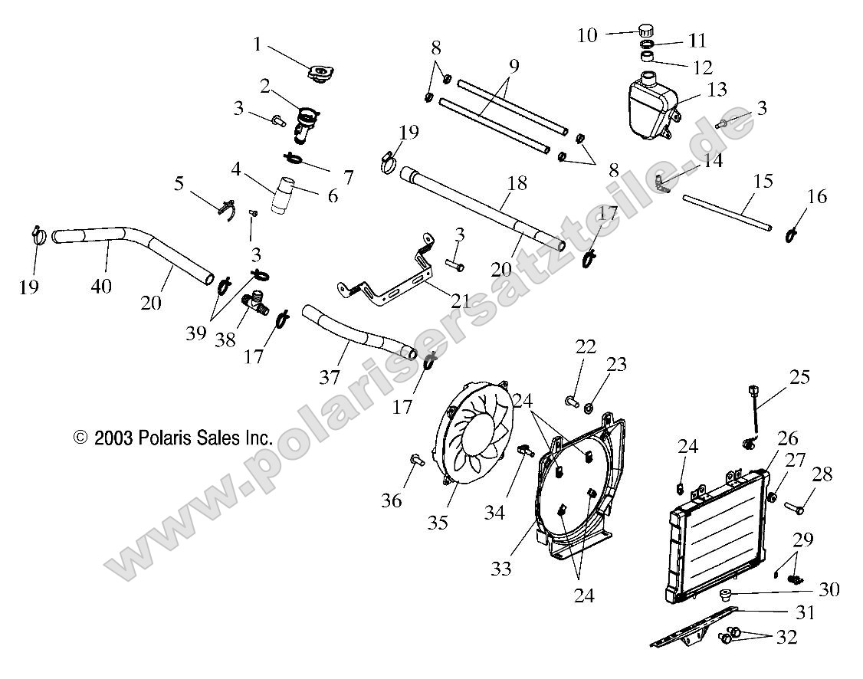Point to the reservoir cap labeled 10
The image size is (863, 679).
646,30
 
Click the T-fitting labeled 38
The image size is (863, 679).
255,303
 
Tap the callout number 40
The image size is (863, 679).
101,286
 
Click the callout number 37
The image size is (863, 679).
330,377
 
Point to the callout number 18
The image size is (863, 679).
517,182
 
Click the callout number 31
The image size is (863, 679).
806,612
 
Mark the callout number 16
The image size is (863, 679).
817,196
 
